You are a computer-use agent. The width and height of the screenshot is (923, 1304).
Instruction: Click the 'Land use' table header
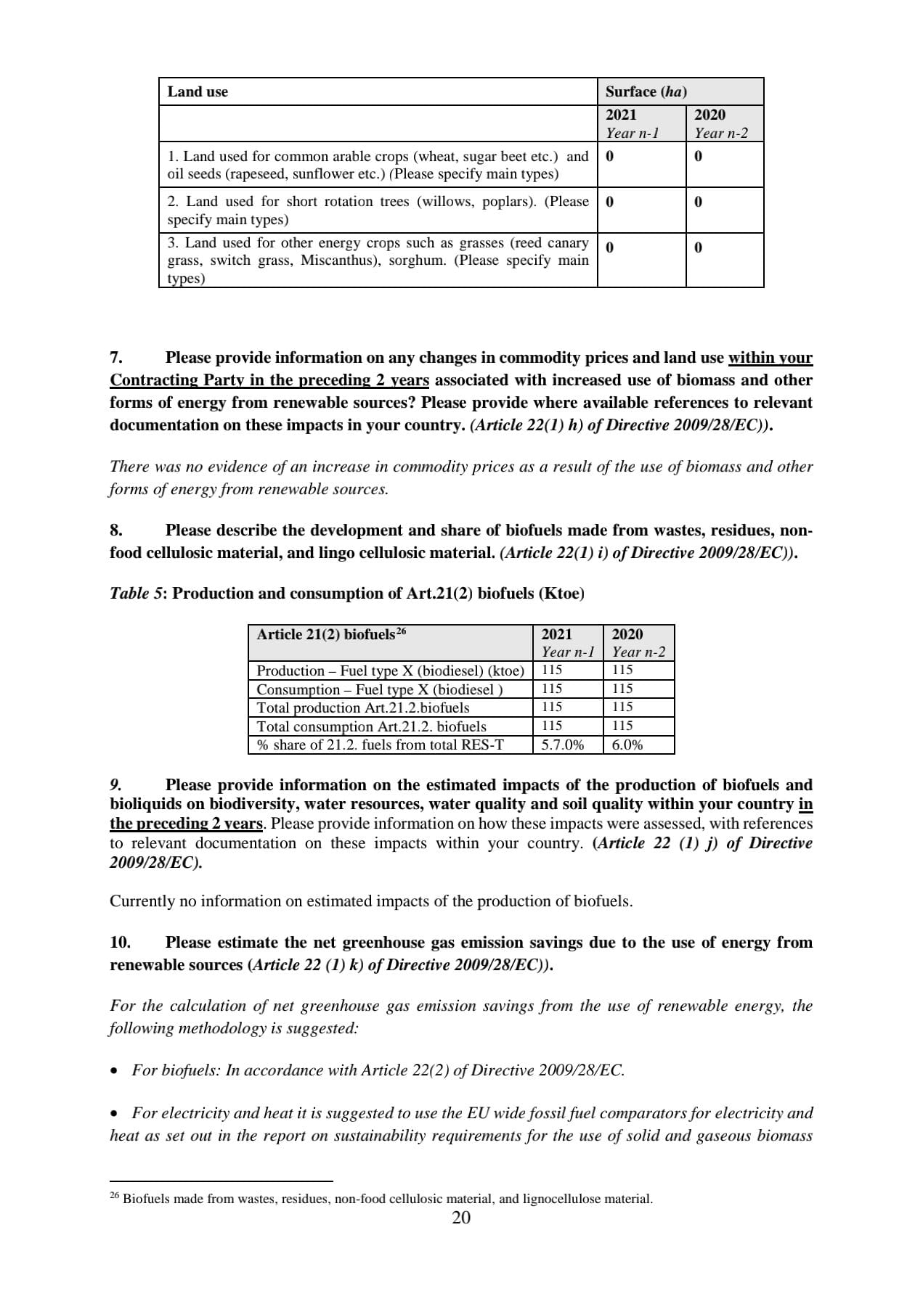pyautogui.click(x=198, y=92)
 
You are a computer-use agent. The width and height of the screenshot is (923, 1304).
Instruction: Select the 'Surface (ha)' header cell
pyautogui.click(x=646, y=92)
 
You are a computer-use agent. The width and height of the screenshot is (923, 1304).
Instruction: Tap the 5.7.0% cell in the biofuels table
pyautogui.click(x=562, y=745)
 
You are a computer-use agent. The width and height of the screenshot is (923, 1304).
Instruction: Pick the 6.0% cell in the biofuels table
pyautogui.click(x=627, y=745)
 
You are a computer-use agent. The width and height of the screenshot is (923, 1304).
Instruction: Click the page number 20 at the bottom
pyautogui.click(x=461, y=1218)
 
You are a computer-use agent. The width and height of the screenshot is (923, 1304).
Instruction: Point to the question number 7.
pyautogui.click(x=116, y=358)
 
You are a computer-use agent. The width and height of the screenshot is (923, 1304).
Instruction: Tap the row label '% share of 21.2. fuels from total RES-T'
pyautogui.click(x=380, y=745)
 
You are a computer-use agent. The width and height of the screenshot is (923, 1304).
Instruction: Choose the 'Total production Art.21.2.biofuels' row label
pyautogui.click(x=363, y=708)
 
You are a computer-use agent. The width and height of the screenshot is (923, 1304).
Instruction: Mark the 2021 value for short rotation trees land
pyautogui.click(x=609, y=202)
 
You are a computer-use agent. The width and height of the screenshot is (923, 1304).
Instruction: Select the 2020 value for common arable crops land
pyautogui.click(x=698, y=156)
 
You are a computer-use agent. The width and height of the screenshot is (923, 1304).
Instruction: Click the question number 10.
pyautogui.click(x=120, y=943)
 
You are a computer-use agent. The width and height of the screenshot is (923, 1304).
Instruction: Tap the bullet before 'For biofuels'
pyautogui.click(x=114, y=1071)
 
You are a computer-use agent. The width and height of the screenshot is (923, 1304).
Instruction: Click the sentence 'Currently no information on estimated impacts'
pyautogui.click(x=370, y=901)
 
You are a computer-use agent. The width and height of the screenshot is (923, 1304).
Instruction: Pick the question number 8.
pyautogui.click(x=116, y=530)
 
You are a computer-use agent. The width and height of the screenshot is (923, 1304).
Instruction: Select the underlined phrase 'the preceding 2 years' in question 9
pyautogui.click(x=186, y=824)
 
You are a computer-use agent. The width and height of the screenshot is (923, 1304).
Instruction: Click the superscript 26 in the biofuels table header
pyautogui.click(x=402, y=631)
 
